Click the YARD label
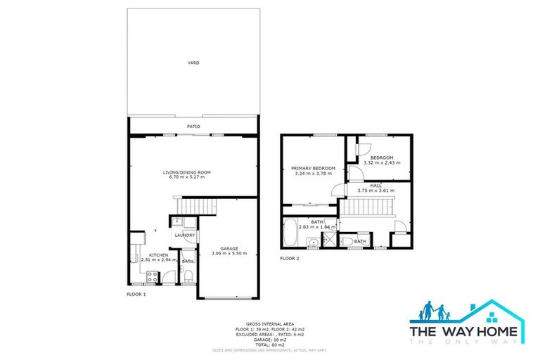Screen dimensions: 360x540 tap(193, 63)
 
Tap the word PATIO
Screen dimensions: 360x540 tap(193, 127)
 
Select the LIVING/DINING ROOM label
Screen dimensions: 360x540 tap(187, 172)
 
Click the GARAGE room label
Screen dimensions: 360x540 tap(229, 248)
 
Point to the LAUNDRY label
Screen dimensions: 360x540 tap(185, 235)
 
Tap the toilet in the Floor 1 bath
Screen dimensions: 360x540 tap(188, 276)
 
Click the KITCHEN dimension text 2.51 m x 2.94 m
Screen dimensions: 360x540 tap(157, 259)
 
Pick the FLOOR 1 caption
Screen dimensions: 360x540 tap(136, 294)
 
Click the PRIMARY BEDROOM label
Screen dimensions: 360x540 tap(313, 168)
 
